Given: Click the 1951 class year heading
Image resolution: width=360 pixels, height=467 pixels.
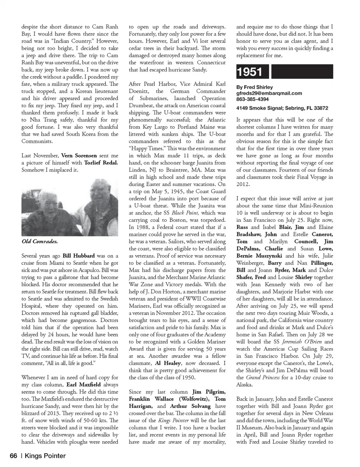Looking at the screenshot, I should pyautogui.click(x=249, y=72).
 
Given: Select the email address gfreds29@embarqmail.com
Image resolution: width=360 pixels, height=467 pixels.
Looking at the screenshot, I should pyautogui.click(x=269, y=93).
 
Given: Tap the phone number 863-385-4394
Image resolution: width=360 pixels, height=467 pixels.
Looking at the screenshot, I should pyautogui.click(x=252, y=99).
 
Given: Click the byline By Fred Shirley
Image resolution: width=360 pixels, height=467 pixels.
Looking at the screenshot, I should pyautogui.click(x=254, y=87).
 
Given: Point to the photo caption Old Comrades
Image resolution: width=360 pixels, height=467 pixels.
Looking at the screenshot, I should pyautogui.click(x=39, y=241).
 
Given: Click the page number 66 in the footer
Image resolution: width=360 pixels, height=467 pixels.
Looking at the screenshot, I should pyautogui.click(x=13, y=456).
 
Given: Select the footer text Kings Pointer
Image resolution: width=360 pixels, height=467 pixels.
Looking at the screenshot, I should pyautogui.click(x=45, y=456).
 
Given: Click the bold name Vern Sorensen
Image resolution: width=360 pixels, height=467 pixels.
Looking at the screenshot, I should pyautogui.click(x=79, y=155).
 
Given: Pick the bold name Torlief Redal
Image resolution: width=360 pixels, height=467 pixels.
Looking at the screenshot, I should pyautogui.click(x=100, y=162).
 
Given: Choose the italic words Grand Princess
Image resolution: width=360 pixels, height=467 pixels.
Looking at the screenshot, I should pyautogui.click(x=262, y=377).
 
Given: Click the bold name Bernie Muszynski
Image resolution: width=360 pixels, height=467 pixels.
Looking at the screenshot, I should pyautogui.click(x=259, y=255).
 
